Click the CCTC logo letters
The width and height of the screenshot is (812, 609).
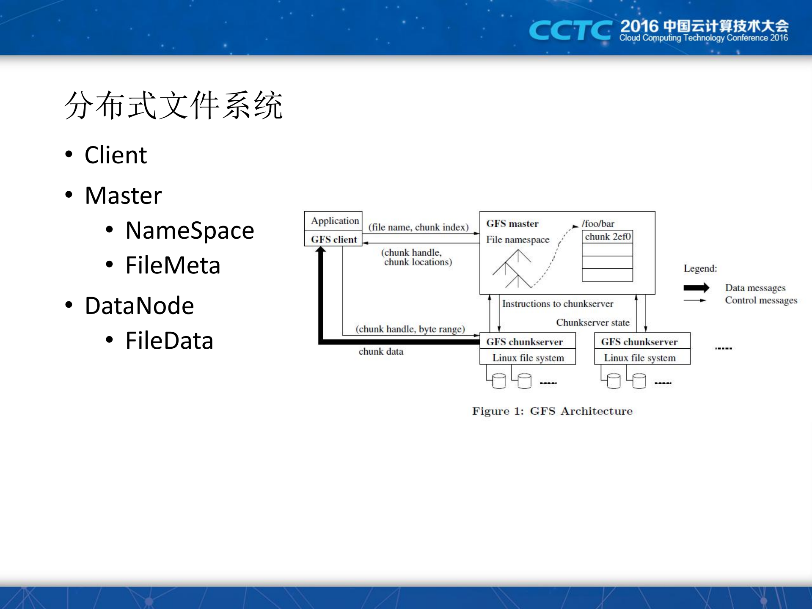pos(570,31)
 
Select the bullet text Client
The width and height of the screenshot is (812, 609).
pos(116,155)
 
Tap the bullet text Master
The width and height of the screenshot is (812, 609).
pos(123,196)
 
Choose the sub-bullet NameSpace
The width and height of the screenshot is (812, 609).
pos(190,231)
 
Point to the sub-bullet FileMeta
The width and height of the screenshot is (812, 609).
pos(173,265)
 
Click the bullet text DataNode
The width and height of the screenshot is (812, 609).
pos(139,306)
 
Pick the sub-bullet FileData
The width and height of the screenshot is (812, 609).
pos(169,341)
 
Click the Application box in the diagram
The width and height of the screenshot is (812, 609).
pos(334,220)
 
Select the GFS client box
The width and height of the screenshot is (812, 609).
pos(334,239)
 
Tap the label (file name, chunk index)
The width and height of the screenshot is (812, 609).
pos(418,227)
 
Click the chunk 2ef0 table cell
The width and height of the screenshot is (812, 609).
pos(607,237)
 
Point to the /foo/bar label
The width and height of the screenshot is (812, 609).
pos(597,223)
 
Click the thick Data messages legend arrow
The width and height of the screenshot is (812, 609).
pos(696,288)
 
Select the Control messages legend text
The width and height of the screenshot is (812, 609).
pos(760,300)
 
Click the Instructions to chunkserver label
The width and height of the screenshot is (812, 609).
pos(557,303)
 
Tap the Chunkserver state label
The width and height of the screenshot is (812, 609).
pos(592,322)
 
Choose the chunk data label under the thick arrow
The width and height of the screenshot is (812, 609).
pos(381,351)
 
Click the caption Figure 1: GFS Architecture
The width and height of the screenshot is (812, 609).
pos(552,411)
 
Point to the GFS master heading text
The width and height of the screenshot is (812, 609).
pos(512,223)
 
